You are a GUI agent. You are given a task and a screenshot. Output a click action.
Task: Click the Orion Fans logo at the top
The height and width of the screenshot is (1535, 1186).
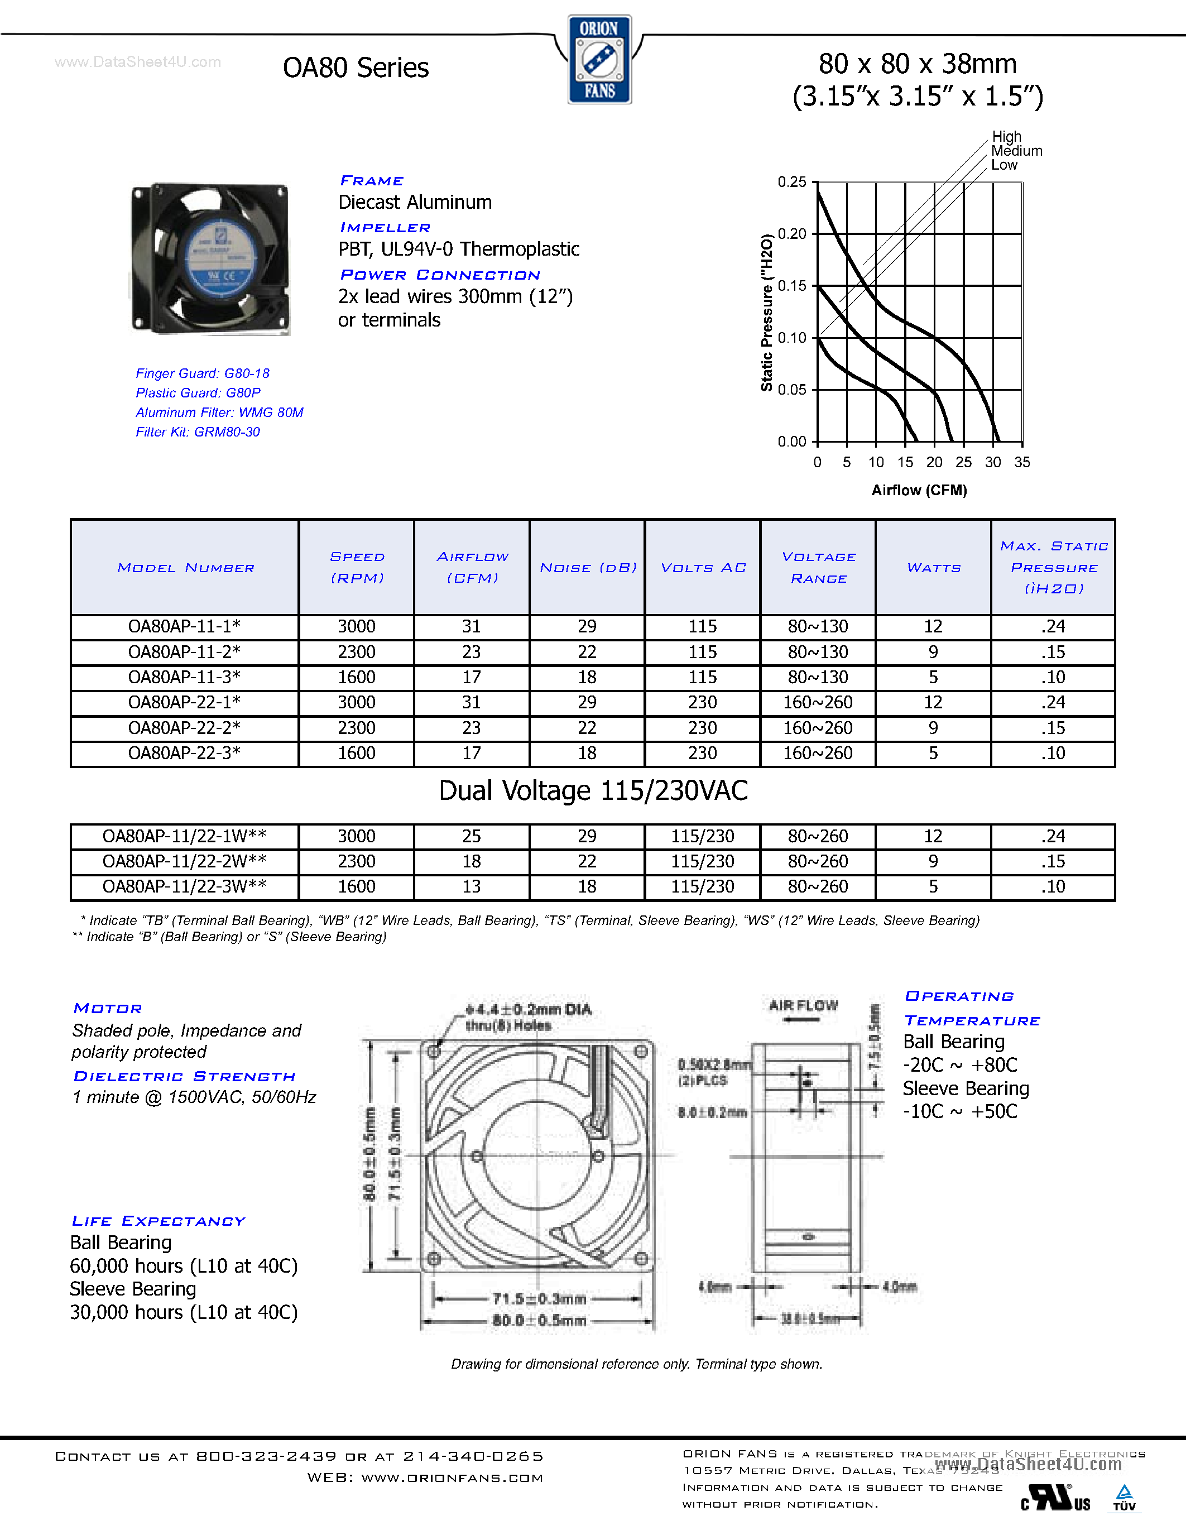pos(599,60)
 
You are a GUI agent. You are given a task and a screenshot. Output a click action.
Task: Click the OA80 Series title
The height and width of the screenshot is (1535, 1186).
pos(356,68)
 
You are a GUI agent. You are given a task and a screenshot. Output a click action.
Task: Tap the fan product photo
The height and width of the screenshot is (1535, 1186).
pos(210,258)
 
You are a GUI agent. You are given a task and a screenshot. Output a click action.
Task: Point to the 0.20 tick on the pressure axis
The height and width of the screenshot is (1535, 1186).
pos(792,234)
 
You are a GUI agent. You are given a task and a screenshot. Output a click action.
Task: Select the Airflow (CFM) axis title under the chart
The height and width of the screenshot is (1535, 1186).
pos(919,490)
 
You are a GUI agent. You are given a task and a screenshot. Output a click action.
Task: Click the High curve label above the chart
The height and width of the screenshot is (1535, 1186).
pos(1006,136)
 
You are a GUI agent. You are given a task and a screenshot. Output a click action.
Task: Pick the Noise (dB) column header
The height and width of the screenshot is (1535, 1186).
pos(587,567)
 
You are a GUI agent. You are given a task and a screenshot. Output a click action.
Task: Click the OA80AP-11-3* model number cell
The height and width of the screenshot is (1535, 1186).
pos(184,678)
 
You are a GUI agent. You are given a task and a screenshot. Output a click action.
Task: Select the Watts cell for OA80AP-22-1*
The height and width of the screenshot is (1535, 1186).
pos(933,703)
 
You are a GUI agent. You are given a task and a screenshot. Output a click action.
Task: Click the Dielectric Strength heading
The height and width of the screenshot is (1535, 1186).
pos(184,1076)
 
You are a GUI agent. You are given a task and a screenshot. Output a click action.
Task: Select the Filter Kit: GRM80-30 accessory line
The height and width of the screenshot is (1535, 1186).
pos(198,432)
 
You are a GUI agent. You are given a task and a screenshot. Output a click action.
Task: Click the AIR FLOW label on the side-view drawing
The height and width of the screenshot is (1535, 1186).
pos(803,1006)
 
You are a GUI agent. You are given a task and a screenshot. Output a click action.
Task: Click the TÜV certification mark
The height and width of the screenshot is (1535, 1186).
pos(1124,1497)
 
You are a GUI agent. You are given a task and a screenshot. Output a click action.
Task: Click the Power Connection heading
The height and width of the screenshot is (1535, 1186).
pos(440,275)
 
